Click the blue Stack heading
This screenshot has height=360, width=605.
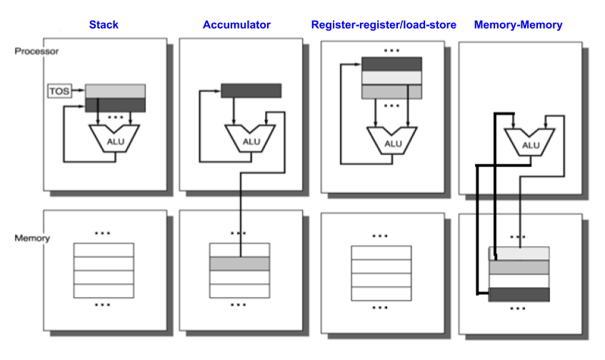(x=104, y=24)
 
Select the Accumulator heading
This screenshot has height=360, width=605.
(x=236, y=24)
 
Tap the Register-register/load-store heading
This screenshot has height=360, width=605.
(x=384, y=24)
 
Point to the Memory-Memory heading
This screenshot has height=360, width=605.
(x=518, y=24)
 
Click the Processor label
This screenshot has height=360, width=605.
(x=36, y=51)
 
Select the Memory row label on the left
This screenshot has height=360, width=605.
(x=32, y=238)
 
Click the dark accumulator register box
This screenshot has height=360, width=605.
(x=251, y=91)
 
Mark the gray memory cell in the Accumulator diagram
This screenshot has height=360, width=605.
(x=239, y=264)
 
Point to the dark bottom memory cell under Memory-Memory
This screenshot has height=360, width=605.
(x=519, y=294)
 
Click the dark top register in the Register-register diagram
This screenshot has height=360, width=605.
(x=392, y=64)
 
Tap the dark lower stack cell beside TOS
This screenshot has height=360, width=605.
(x=115, y=104)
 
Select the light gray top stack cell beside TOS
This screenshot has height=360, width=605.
(x=115, y=91)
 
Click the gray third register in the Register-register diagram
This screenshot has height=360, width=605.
(x=392, y=91)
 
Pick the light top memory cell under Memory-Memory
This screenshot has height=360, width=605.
(x=519, y=254)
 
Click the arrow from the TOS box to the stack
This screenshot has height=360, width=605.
(x=78, y=91)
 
